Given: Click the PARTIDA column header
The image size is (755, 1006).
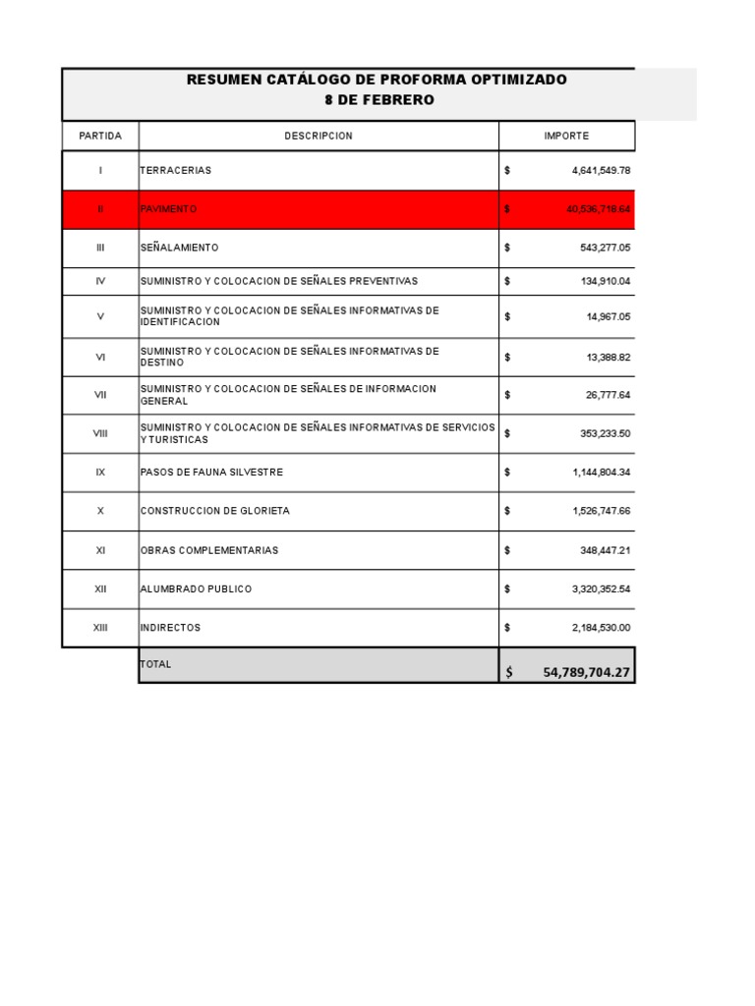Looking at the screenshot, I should point(100,136).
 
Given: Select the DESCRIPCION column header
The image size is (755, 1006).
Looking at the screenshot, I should point(319,136).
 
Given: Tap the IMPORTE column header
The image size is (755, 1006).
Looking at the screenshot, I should point(566,136).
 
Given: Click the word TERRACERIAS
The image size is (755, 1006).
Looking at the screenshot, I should point(176,171).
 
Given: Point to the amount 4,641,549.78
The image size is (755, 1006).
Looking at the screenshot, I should point(601,171).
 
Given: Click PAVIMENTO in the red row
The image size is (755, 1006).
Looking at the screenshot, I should point(169,209).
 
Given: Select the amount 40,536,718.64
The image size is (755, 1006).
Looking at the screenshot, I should point(598,209).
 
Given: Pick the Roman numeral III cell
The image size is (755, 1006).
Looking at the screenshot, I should point(100,248).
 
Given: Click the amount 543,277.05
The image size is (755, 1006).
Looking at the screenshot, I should point(605,248).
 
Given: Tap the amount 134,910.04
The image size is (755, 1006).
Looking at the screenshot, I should point(605,281).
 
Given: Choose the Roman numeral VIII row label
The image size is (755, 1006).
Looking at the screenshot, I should point(100,433).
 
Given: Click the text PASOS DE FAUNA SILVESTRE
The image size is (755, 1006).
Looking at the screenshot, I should point(211,473).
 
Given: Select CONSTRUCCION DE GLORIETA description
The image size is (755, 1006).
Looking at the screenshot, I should point(215,511).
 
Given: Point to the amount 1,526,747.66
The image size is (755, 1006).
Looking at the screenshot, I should point(601,511).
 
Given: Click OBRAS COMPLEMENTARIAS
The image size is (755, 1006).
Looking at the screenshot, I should point(209,550).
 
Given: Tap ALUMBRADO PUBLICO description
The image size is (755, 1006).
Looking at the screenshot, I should point(197,588).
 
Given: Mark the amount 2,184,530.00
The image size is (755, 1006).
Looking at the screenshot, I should point(601,628).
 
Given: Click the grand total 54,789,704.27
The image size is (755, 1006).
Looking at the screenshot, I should point(586,672).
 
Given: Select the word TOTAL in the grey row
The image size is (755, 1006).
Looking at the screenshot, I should point(156,664).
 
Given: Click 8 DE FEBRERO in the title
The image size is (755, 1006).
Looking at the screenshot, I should point(378,100).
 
